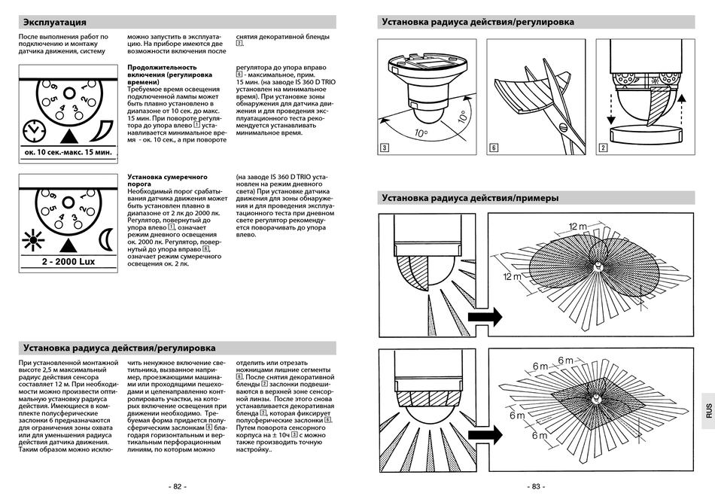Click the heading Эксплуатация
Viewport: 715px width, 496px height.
click(55, 22)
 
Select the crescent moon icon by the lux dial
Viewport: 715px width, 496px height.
click(105, 240)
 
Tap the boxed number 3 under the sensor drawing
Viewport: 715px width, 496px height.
click(385, 148)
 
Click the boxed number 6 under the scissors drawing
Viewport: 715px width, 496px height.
click(494, 148)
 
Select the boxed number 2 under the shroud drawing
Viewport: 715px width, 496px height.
click(603, 148)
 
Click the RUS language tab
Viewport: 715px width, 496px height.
click(707, 410)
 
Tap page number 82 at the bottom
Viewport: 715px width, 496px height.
click(178, 486)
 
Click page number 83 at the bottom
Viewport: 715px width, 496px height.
click(536, 486)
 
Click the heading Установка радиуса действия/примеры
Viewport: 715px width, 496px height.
click(470, 199)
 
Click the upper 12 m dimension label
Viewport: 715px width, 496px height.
click(577, 226)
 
